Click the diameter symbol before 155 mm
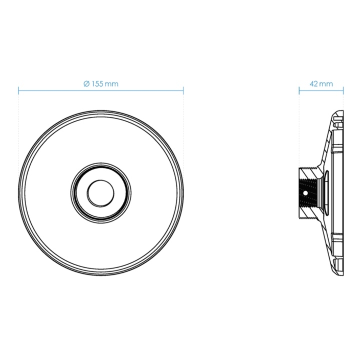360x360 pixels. pos(86,84)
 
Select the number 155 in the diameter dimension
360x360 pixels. pos(97,84)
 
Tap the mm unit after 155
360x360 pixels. pos(111,84)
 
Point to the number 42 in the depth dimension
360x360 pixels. pos(313,84)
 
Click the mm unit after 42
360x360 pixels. pos(326,84)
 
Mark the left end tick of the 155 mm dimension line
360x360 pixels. pos(18,90)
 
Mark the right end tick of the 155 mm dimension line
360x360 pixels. pos(183,90)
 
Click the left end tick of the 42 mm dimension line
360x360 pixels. pos(299,90)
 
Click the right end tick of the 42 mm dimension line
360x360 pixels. pos(343,90)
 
